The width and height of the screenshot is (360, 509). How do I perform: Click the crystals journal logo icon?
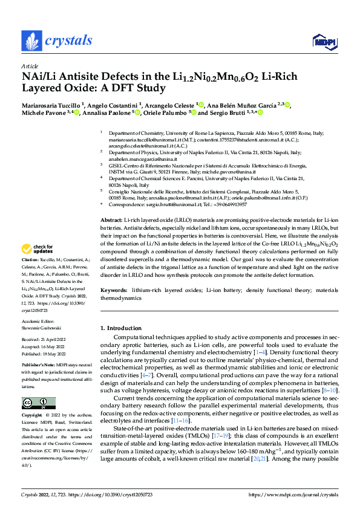pos(31,41)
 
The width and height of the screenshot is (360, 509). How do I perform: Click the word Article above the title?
pos(30,66)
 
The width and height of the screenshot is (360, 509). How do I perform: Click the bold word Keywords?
pos(114,291)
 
